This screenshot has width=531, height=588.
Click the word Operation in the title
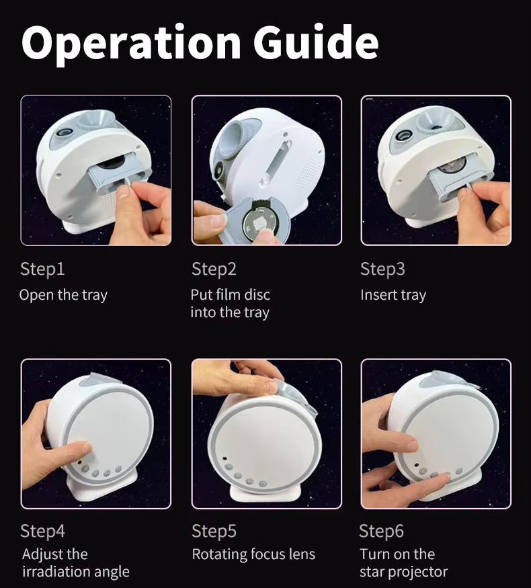click(x=131, y=46)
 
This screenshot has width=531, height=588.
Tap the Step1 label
click(x=42, y=269)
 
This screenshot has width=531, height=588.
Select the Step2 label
click(x=214, y=269)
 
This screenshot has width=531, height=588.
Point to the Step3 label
click(x=382, y=269)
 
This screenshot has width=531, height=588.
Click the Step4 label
click(x=42, y=531)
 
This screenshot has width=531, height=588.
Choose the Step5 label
click(x=214, y=531)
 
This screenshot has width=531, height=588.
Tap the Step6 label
click(x=381, y=531)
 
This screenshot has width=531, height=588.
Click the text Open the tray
click(x=63, y=295)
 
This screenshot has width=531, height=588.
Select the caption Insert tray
click(x=393, y=295)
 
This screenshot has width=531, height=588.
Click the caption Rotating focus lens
click(x=253, y=554)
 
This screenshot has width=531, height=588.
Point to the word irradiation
click(x=56, y=571)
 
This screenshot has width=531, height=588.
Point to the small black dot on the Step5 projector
click(x=224, y=458)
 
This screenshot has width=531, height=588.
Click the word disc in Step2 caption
click(x=257, y=295)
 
